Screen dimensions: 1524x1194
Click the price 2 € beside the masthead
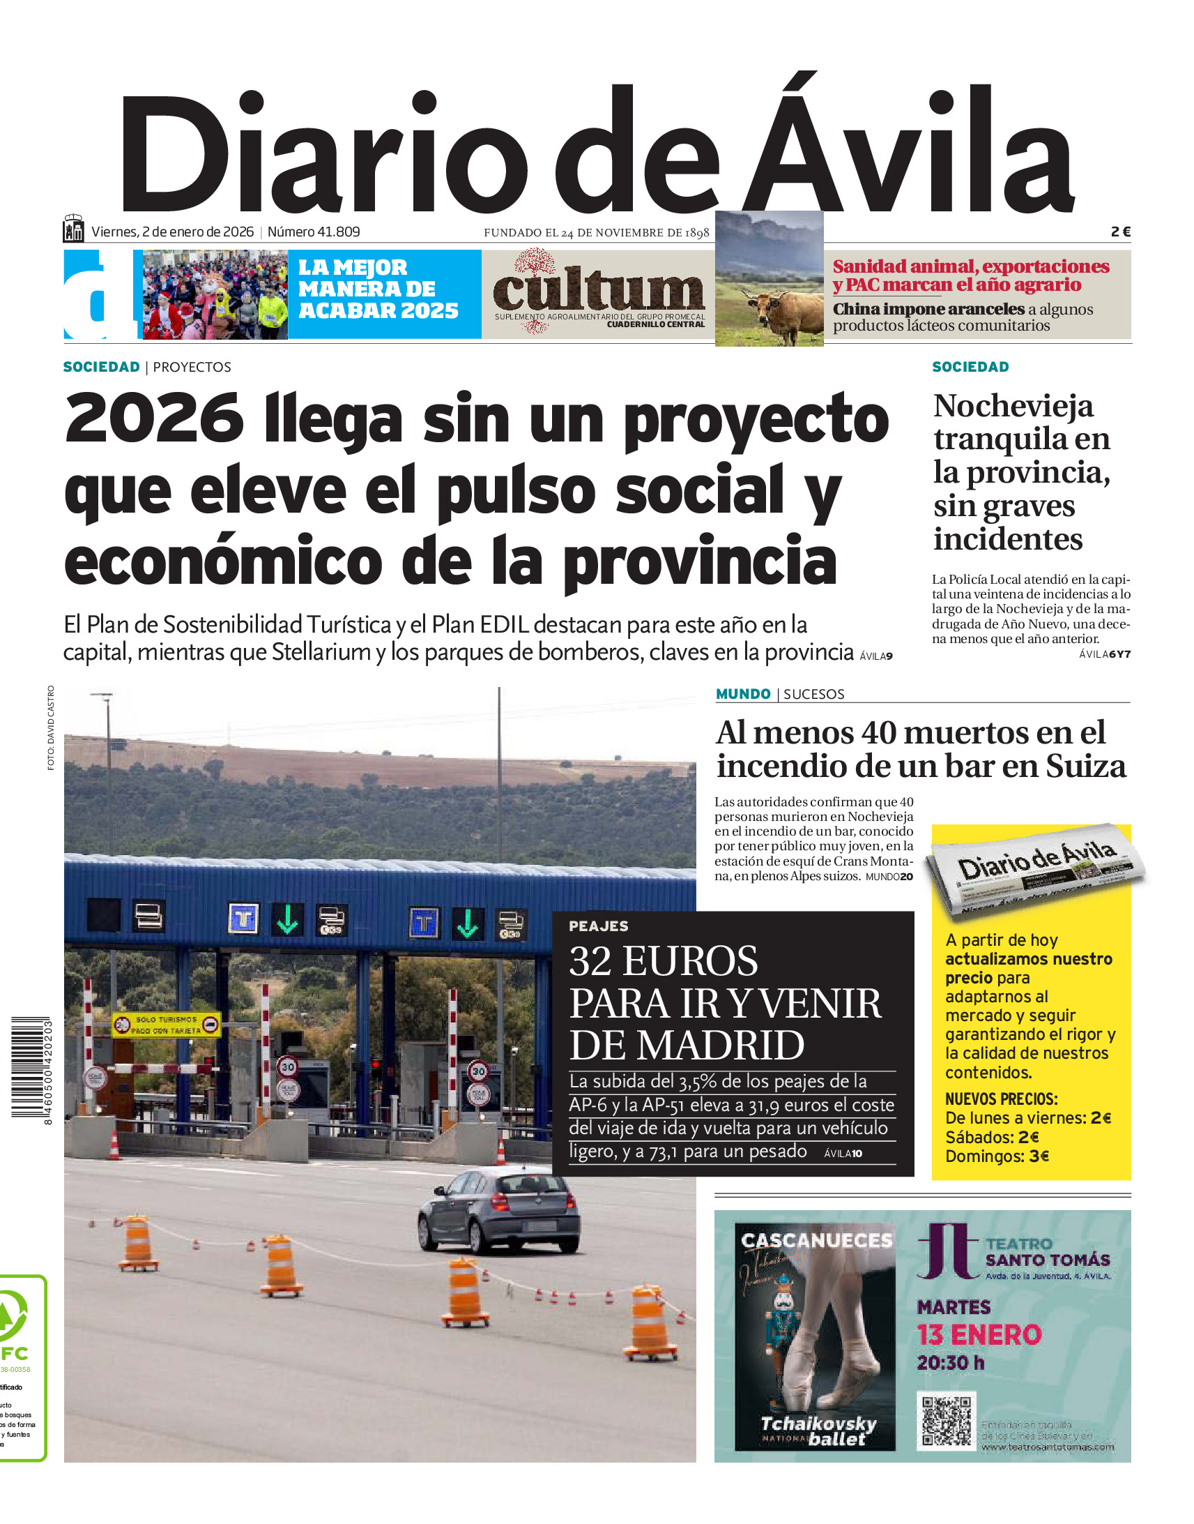(1120, 232)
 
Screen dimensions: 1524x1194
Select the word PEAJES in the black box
(599, 926)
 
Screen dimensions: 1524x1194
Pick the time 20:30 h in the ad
(950, 1363)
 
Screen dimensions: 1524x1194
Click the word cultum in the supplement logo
(599, 290)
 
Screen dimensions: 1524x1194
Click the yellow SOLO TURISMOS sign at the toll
(167, 1025)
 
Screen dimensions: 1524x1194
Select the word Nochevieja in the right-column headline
(1013, 407)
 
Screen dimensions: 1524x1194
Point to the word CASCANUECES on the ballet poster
(816, 1240)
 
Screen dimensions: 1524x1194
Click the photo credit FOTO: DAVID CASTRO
(51, 728)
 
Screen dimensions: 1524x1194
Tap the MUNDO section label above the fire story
(742, 694)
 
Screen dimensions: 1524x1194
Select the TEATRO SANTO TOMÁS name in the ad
(1047, 1252)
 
